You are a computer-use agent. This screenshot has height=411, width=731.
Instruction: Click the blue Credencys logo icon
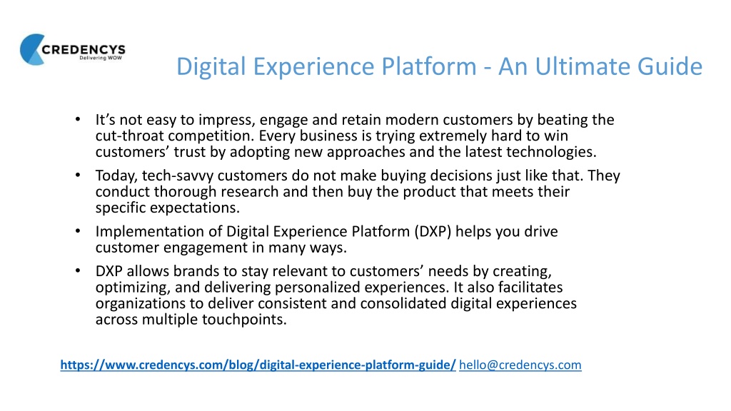[x=31, y=49]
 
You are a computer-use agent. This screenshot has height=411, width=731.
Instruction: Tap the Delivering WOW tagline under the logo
[x=100, y=58]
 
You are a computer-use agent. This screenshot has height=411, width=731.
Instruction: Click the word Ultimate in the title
[x=583, y=66]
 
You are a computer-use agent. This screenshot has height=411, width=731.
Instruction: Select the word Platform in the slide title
[x=429, y=66]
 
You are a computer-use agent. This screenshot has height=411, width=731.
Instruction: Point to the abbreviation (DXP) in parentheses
[x=433, y=232]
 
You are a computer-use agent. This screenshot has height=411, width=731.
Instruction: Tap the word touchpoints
[x=244, y=320]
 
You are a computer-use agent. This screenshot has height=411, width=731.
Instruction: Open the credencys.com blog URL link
[x=258, y=365]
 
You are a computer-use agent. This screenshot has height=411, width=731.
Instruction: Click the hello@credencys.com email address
[x=520, y=365]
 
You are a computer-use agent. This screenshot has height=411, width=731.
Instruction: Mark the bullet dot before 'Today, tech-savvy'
[x=78, y=176]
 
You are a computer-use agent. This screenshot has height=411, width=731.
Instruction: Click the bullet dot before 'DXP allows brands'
[x=78, y=270]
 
